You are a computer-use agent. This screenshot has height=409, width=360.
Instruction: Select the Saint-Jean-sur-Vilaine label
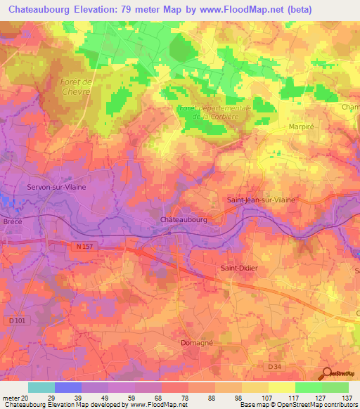pos(261,200)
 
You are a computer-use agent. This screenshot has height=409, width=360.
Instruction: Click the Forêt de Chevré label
pos(76,86)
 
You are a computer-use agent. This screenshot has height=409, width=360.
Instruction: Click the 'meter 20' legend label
pos(14,397)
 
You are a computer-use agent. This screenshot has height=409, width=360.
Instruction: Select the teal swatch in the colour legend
pos(41,387)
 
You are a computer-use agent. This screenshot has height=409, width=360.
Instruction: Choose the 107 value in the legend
pos(268,397)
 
